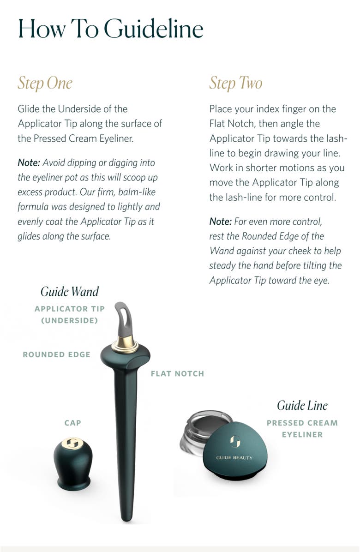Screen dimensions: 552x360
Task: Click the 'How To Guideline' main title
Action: (111, 29)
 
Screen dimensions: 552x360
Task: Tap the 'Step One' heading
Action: (45, 83)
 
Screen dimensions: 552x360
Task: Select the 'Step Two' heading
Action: (235, 83)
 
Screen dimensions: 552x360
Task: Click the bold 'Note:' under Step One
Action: (29, 163)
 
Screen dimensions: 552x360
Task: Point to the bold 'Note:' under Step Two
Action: (221, 222)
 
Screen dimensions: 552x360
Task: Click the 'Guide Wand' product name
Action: (70, 292)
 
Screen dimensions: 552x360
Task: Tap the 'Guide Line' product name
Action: (302, 406)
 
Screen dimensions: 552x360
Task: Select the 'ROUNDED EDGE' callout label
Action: (56, 354)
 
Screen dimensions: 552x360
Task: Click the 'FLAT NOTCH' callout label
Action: (177, 373)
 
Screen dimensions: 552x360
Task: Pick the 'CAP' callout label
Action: (73, 422)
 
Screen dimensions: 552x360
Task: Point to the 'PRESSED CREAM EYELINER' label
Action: (302, 429)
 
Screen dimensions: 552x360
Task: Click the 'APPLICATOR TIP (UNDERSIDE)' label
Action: (70, 314)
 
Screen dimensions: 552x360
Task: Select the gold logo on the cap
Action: (72, 444)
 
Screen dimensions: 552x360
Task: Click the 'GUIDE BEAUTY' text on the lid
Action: (234, 457)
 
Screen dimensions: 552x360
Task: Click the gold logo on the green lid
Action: (234, 442)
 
